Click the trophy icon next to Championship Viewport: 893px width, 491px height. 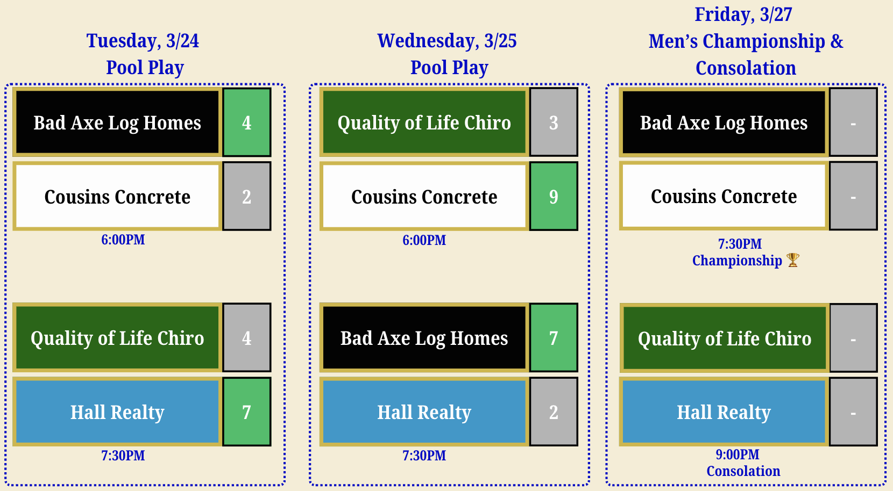(x=793, y=260)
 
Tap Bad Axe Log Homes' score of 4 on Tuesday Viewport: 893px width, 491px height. (x=247, y=122)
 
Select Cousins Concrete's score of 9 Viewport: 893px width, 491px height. (x=554, y=196)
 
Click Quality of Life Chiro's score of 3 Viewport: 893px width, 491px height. (x=554, y=122)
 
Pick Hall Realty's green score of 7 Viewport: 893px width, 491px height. (x=247, y=411)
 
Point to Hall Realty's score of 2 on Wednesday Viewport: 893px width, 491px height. (x=554, y=411)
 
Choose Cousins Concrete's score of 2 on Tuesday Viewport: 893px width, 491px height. (x=247, y=196)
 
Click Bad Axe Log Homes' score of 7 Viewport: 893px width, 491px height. (x=554, y=338)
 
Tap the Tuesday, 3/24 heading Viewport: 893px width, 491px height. (x=143, y=41)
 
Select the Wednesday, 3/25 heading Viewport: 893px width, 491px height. (x=447, y=41)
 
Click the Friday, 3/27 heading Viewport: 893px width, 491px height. (x=743, y=15)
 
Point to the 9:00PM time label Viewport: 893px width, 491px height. (x=738, y=454)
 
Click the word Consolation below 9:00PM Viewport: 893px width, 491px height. (x=743, y=471)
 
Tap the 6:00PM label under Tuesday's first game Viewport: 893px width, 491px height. (x=123, y=240)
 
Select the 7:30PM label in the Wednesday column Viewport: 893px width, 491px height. (x=424, y=456)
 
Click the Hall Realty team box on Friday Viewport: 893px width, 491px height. (x=724, y=411)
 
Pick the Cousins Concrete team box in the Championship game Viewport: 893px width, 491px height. (x=724, y=196)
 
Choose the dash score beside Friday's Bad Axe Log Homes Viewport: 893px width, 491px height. (x=854, y=122)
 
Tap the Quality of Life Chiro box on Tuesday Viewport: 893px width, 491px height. (x=117, y=338)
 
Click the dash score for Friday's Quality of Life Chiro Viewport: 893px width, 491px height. (x=854, y=338)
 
